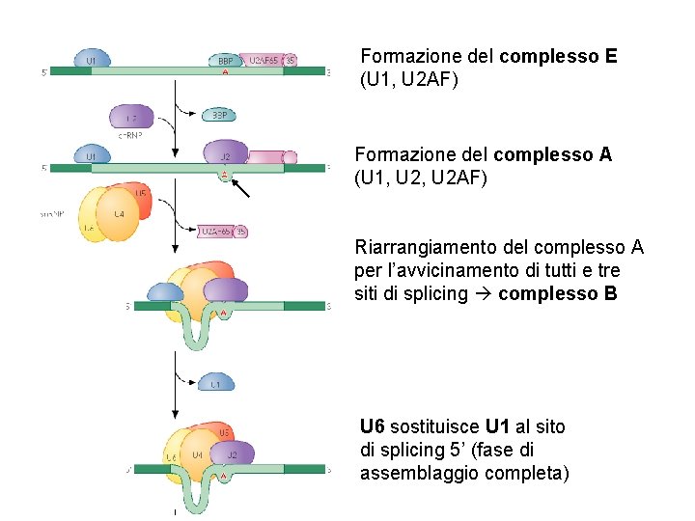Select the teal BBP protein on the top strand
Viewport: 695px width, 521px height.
pyautogui.click(x=225, y=60)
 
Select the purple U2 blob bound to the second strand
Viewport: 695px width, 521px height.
pyautogui.click(x=226, y=153)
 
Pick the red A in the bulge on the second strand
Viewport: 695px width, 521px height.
pyautogui.click(x=225, y=175)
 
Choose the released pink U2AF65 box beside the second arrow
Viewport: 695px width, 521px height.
pyautogui.click(x=216, y=231)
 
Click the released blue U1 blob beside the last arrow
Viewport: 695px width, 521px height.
pyautogui.click(x=216, y=383)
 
